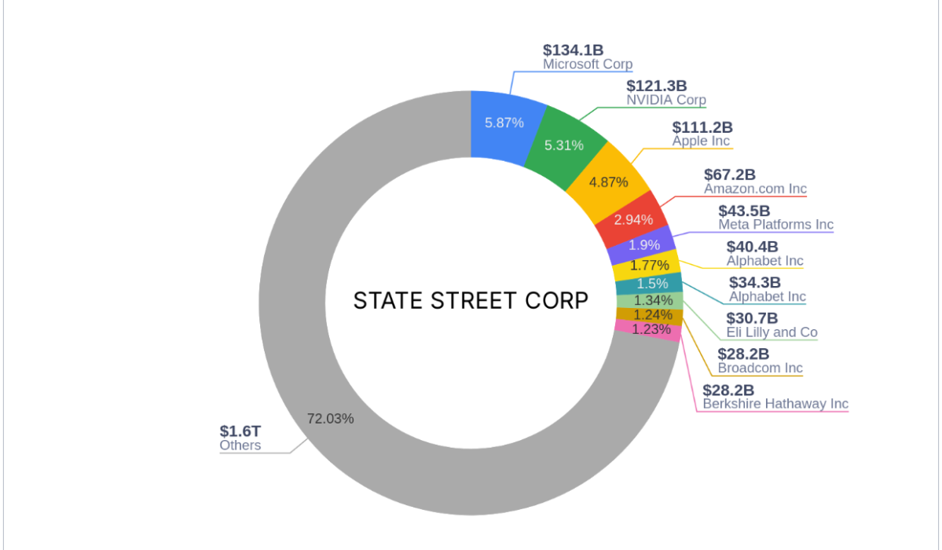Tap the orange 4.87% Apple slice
coord(608,182)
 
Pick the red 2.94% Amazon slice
coord(633,219)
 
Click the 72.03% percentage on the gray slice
coord(330,418)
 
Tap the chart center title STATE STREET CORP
coord(471,301)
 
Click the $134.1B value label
coord(573,50)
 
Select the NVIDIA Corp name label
coord(665,101)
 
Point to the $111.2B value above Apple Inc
coord(702,127)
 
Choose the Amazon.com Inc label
coord(755,189)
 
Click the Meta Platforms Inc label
coord(775,225)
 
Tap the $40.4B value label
coord(753,247)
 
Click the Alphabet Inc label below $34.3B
coord(767,297)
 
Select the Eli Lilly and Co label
coord(772,332)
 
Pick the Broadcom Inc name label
coord(760,368)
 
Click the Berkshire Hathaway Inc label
coord(775,404)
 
